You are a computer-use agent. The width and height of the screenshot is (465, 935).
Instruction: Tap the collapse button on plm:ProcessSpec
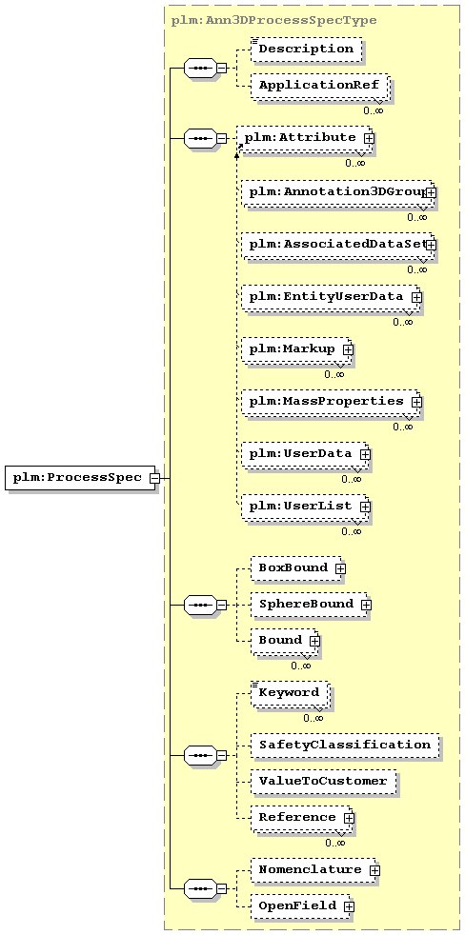pos(154,478)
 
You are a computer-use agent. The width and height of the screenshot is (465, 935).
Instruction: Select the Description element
pos(306,49)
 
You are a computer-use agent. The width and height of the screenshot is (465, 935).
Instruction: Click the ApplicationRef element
pos(319,85)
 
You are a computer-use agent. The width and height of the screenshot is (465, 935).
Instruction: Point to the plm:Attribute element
pos(307,138)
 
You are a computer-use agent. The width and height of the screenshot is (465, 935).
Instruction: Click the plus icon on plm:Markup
pos(348,350)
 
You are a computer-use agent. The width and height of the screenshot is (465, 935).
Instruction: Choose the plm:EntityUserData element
pos(331,296)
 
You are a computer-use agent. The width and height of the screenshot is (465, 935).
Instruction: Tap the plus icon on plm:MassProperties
pos(416,402)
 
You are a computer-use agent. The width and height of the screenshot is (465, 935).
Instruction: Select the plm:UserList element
pos(306,506)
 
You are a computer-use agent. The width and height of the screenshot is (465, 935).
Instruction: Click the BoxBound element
pos(296,568)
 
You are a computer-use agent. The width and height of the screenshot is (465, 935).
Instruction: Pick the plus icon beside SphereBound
pos(366,605)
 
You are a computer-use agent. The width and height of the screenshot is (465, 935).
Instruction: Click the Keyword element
pos(290,693)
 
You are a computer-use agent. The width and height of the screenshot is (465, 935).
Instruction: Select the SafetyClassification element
pos(344,746)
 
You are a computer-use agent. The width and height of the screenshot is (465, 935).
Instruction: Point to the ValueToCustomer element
pos(323,781)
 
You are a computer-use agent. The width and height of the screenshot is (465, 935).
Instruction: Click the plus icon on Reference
pos(349,818)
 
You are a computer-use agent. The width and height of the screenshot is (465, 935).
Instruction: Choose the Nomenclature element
pos(313,870)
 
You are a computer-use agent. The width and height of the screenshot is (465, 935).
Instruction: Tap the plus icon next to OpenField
pos(349,906)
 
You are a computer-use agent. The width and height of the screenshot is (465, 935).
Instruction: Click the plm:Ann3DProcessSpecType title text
pos(274,20)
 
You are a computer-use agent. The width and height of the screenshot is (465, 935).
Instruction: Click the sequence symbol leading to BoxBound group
pos(200,605)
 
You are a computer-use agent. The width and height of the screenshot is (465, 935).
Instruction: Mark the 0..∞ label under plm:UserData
pos(351,478)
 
